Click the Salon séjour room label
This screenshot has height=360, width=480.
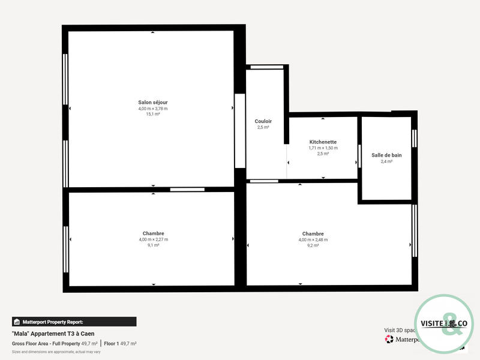153,103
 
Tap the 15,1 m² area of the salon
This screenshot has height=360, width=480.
153,114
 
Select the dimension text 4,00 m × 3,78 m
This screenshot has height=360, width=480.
153,109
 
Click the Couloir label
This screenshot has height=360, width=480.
263,121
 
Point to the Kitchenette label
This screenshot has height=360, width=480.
323,142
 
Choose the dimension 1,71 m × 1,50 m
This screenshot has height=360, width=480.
323,148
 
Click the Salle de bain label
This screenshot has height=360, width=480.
386,155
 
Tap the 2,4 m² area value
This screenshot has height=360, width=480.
386,161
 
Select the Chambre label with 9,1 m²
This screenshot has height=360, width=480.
153,233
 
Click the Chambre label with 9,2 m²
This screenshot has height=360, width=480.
313,234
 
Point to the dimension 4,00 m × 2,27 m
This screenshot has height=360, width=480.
153,239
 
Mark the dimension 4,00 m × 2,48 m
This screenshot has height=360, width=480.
313,240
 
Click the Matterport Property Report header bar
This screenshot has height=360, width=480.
74,322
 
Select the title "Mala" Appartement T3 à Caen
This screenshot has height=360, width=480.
53,334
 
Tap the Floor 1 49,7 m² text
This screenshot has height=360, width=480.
120,343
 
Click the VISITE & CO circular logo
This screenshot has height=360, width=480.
445,324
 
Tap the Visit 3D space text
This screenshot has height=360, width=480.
400,330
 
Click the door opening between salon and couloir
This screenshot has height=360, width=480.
240,131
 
